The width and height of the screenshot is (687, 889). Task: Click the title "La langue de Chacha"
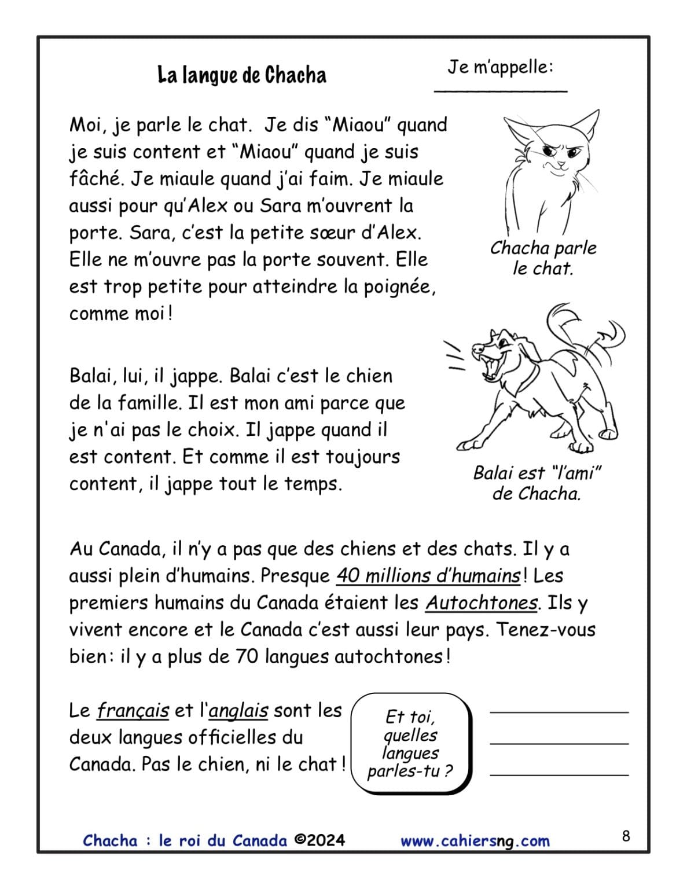pos(242,75)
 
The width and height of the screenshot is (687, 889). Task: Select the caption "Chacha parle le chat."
pos(543,258)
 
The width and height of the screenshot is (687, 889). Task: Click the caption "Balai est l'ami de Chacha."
pos(537,483)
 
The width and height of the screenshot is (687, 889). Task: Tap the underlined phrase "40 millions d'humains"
pos(428,576)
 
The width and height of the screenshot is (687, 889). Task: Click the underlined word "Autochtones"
pos(482,603)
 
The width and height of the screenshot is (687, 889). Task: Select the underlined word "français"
pos(133,710)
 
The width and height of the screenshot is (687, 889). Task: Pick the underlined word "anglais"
pos(238,710)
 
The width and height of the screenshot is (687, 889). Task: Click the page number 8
pos(626,836)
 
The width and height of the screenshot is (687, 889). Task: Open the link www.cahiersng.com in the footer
pos(475,841)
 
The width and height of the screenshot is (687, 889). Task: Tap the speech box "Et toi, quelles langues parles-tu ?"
pos(411,744)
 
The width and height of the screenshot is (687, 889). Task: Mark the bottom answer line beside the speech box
pos(559,774)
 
